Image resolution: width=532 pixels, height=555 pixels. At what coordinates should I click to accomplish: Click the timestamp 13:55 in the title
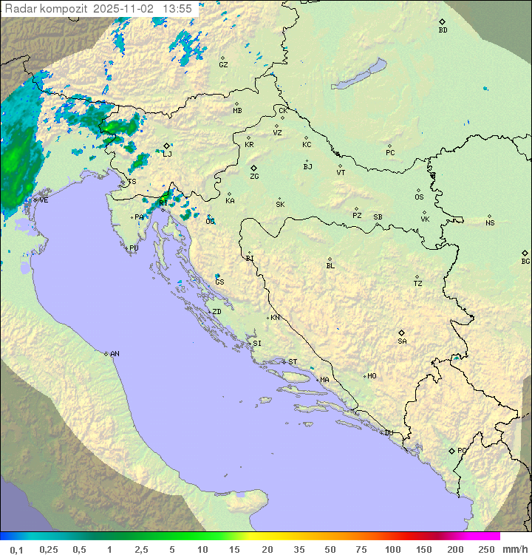click(x=177, y=8)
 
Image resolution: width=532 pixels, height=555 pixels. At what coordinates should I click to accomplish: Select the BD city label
click(x=443, y=30)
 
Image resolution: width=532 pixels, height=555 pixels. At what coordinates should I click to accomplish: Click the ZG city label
click(x=254, y=177)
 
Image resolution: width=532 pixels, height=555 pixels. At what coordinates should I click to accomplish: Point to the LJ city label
click(x=167, y=154)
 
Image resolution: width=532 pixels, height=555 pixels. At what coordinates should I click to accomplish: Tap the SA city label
click(x=402, y=341)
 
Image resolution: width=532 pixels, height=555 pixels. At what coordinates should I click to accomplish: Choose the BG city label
click(x=525, y=261)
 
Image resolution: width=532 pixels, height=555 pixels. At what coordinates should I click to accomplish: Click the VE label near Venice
click(x=44, y=200)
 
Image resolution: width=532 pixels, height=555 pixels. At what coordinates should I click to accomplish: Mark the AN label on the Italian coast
click(x=115, y=354)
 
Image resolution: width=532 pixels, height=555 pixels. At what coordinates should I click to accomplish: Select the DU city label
click(x=388, y=433)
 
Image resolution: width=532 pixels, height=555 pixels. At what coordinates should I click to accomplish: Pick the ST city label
click(x=293, y=362)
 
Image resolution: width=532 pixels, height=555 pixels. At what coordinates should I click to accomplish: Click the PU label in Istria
click(x=134, y=248)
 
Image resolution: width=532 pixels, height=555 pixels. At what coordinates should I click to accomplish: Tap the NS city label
click(x=490, y=223)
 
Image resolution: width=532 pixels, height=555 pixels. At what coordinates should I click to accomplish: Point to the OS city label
click(x=419, y=197)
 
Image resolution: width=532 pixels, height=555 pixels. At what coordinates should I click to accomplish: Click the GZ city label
click(x=223, y=64)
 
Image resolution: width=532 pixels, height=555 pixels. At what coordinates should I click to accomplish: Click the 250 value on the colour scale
click(x=486, y=549)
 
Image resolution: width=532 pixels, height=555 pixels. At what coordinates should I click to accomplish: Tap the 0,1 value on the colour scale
click(x=16, y=549)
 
